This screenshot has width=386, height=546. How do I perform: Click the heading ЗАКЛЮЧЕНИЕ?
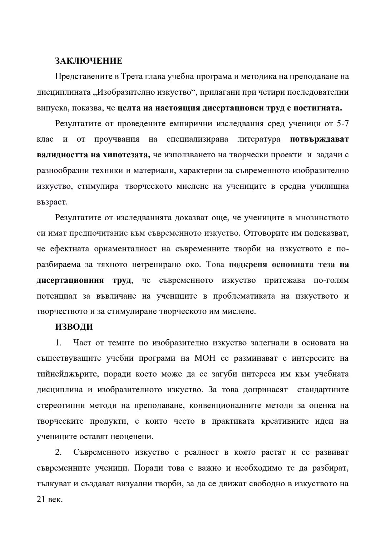(x=89, y=61)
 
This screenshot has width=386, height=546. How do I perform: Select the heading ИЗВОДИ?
(x=74, y=327)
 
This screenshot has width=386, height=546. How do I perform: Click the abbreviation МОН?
(x=205, y=358)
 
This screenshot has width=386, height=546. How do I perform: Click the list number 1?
(x=58, y=343)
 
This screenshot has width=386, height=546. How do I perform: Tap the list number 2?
(x=58, y=452)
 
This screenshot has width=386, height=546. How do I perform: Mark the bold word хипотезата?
(x=127, y=155)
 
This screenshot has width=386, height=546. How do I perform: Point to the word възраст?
(x=52, y=202)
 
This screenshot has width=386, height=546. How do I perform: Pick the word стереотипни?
(x=59, y=405)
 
